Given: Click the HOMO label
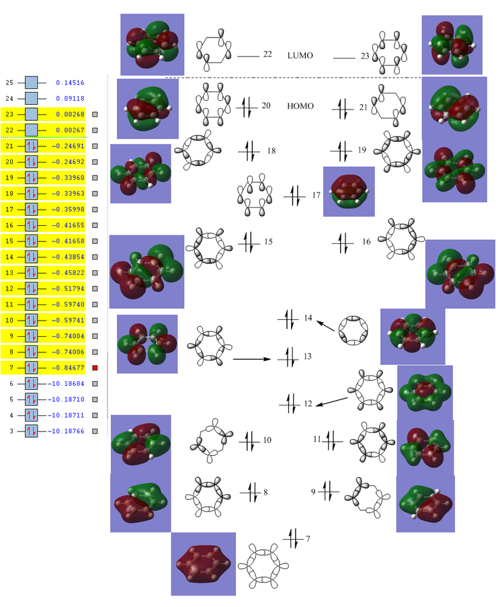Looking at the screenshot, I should coord(300,106).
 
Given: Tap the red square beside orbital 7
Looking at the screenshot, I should coord(95,368).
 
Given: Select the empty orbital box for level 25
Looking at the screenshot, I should coord(32,83).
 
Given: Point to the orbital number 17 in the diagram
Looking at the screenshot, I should coord(317,196).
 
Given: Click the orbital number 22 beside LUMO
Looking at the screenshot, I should coord(267,54).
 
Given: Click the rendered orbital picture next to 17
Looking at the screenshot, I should coord(349,192).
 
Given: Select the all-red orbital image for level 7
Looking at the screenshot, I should coord(203,564).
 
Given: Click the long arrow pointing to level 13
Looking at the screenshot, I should coord(252,359).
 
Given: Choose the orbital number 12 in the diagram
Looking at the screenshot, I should coord(308,404).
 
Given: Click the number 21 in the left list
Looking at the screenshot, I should coord(9,146).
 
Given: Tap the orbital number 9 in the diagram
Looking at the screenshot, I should coord(313,492).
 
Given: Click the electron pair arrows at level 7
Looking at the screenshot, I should coord(292,538).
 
